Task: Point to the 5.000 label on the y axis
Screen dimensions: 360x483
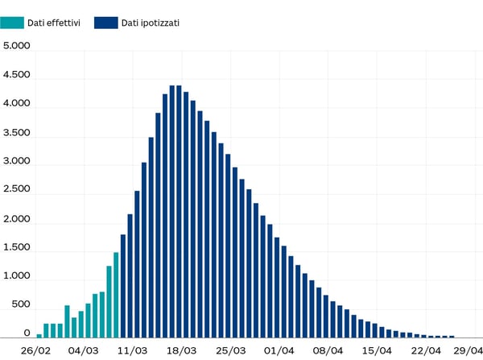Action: [17, 46]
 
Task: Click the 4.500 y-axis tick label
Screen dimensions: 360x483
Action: [17, 75]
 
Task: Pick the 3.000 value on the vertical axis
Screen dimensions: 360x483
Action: [17, 161]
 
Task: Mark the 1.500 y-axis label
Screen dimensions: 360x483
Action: [17, 247]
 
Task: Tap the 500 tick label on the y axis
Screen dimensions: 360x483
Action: [20, 305]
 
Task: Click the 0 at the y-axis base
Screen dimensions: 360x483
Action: [27, 333]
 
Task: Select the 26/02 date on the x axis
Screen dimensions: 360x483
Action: [35, 350]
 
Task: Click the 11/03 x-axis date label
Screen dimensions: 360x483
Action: [133, 350]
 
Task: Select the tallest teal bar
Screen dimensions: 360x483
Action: [116, 295]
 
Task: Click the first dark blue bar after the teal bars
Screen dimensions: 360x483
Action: [123, 286]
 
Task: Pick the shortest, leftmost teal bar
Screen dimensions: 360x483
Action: [39, 336]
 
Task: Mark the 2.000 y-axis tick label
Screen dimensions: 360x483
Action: [17, 219]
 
